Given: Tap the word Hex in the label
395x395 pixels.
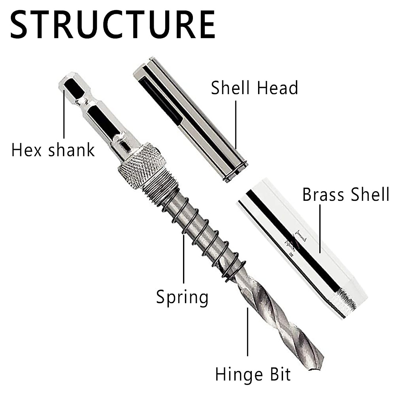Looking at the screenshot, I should [26, 150].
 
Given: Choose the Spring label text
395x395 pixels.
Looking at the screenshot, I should [182, 297].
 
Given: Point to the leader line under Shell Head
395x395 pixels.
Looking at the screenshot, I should [236, 125].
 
